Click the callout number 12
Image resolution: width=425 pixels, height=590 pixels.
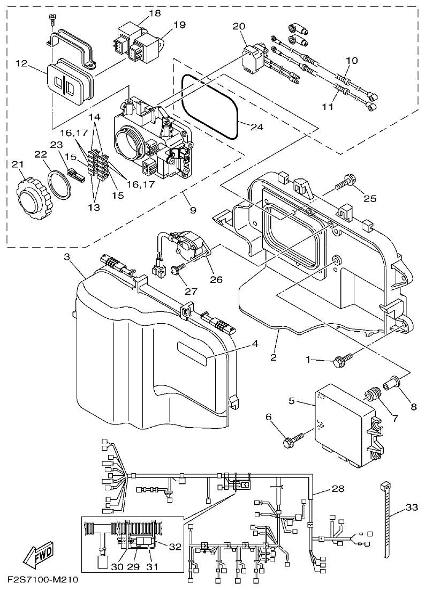21,63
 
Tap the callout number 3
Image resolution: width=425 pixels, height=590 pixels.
67,257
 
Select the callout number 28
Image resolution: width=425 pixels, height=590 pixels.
338,489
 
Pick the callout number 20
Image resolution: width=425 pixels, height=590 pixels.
239,26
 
